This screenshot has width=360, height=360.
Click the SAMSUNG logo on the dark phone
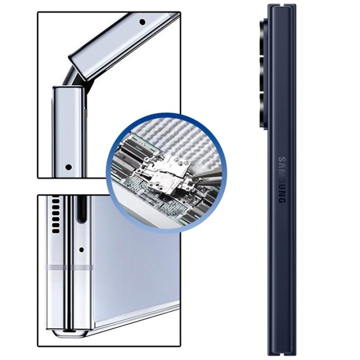tap(282, 180)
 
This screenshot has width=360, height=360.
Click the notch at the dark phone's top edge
tap(282, 5)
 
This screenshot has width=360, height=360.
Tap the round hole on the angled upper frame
tap(142, 22)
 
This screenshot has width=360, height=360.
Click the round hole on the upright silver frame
tap(68, 167)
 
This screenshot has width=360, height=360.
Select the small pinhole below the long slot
tap(81, 249)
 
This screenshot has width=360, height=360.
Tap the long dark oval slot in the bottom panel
tap(81, 209)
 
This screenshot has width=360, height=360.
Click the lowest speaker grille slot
tap(56, 230)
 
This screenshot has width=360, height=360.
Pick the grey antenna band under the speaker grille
tap(56, 267)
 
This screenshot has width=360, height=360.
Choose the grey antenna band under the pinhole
tap(82, 267)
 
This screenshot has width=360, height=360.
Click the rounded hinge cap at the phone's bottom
tap(68, 333)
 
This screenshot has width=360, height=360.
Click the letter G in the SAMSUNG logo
tap(282, 199)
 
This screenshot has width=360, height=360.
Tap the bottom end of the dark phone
tap(282, 354)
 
